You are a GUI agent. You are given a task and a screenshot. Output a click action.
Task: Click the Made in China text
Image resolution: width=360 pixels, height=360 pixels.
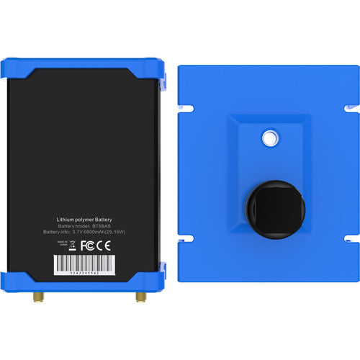pos(62,245)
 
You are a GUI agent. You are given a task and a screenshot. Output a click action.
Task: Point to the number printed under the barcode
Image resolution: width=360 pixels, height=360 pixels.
pos(84,273)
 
